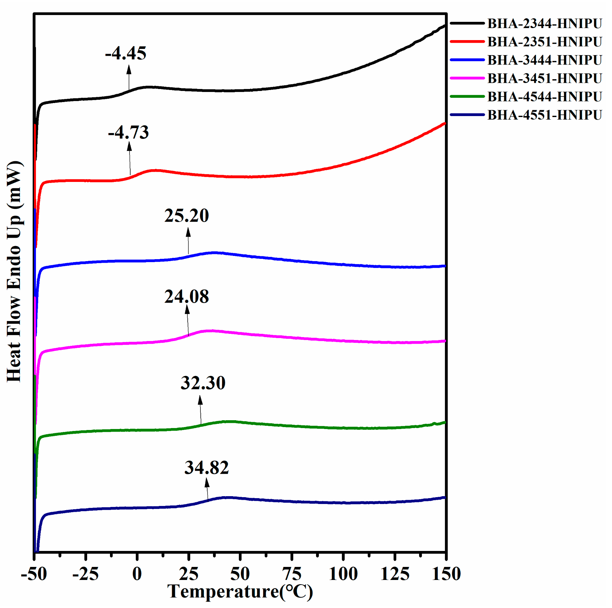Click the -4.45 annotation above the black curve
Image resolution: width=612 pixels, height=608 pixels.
[126, 53]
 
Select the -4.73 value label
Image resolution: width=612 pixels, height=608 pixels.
[128, 132]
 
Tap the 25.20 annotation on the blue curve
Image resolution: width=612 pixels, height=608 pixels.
[186, 216]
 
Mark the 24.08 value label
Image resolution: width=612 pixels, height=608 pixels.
[186, 297]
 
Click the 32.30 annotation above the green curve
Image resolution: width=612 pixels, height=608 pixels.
[203, 383]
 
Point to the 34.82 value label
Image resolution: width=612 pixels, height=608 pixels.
[207, 467]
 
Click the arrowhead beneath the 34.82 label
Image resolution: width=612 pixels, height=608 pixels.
[207, 483]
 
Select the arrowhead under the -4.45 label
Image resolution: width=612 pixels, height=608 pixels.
[129, 69]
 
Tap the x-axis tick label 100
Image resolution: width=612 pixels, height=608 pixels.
[343, 574]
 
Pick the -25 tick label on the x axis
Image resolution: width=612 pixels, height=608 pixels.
[85, 574]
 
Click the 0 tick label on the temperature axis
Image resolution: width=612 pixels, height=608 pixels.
[137, 574]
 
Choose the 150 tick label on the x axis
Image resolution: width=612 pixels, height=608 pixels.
[446, 574]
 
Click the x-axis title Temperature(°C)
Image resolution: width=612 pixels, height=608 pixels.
[240, 592]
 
